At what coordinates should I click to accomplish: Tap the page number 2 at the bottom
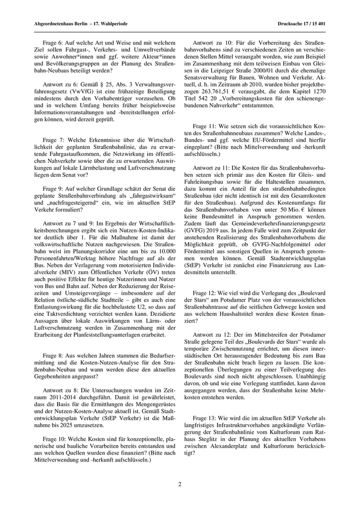click(180, 484)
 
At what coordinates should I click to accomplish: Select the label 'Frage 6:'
click(53, 44)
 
